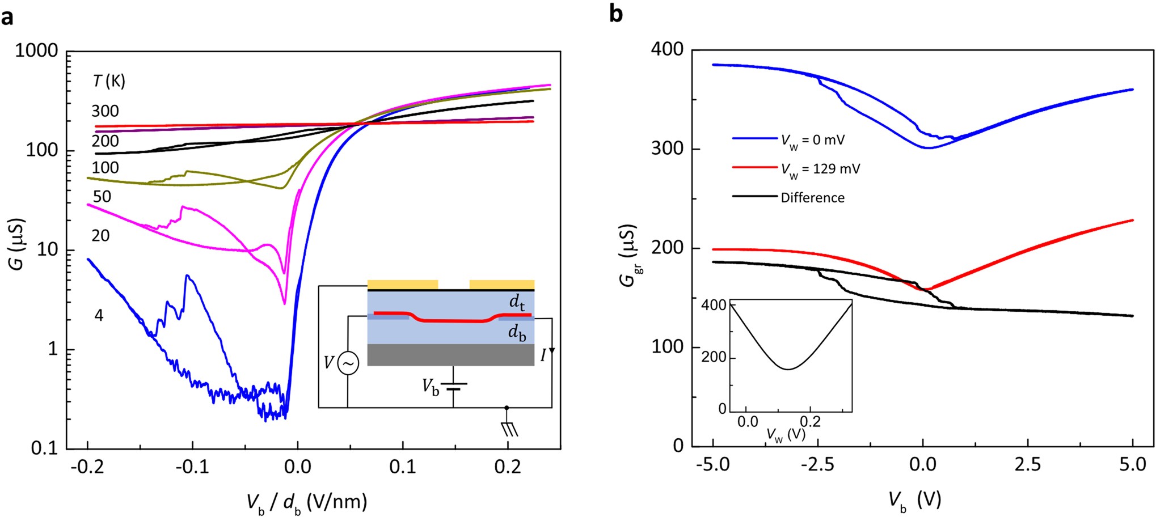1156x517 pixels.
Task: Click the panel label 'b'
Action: [x=615, y=14]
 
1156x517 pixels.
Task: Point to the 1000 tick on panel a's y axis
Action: [x=37, y=51]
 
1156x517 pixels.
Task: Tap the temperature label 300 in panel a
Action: [x=105, y=111]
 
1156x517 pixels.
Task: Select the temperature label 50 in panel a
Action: [x=102, y=197]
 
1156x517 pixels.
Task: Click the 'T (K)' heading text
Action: [x=108, y=82]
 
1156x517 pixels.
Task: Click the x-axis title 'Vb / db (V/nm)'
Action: [x=306, y=501]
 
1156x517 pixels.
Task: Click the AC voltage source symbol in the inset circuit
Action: [x=347, y=363]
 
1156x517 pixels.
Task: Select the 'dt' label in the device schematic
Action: [x=516, y=303]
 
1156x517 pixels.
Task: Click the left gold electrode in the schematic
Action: [x=403, y=284]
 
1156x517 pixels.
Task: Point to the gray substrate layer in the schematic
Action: [x=451, y=355]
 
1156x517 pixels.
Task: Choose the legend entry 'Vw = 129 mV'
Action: [x=820, y=168]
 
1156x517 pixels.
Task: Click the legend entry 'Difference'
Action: [x=812, y=198]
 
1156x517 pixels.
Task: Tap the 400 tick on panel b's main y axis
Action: [x=670, y=50]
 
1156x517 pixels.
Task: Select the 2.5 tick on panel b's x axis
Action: [x=1027, y=465]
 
